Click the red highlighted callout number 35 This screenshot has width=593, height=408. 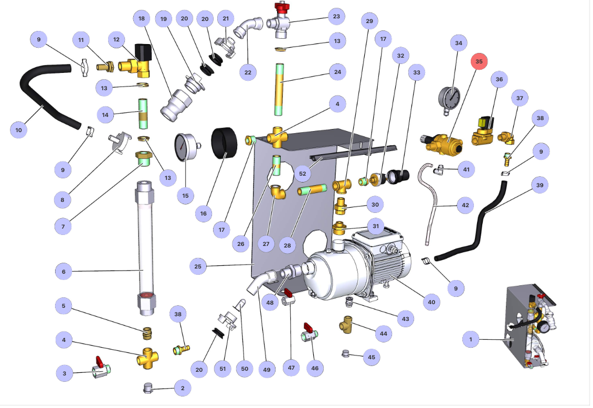pyautogui.click(x=479, y=61)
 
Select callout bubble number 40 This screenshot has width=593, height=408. pyautogui.click(x=431, y=302)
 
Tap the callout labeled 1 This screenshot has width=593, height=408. pyautogui.click(x=471, y=340)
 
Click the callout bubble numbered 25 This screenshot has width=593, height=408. pyautogui.click(x=198, y=266)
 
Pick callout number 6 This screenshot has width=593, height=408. pyautogui.click(x=63, y=272)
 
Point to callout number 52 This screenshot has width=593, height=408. pyautogui.click(x=302, y=174)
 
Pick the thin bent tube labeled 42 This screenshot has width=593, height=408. pyautogui.click(x=433, y=205)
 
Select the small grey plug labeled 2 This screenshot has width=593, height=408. pyautogui.click(x=149, y=388)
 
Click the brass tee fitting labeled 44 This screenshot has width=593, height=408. pyautogui.click(x=347, y=326)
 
